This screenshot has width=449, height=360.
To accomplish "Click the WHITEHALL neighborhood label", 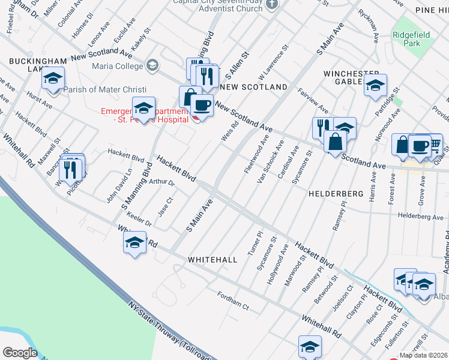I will [x=212, y=260].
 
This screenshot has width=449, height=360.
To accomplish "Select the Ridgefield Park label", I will [x=411, y=40].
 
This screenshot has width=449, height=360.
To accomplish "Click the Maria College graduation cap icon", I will [x=152, y=65].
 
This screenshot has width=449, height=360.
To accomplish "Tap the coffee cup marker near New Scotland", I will [x=202, y=106].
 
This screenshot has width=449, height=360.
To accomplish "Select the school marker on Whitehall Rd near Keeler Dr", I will [x=134, y=242].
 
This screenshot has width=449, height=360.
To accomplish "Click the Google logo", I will [x=19, y=353].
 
